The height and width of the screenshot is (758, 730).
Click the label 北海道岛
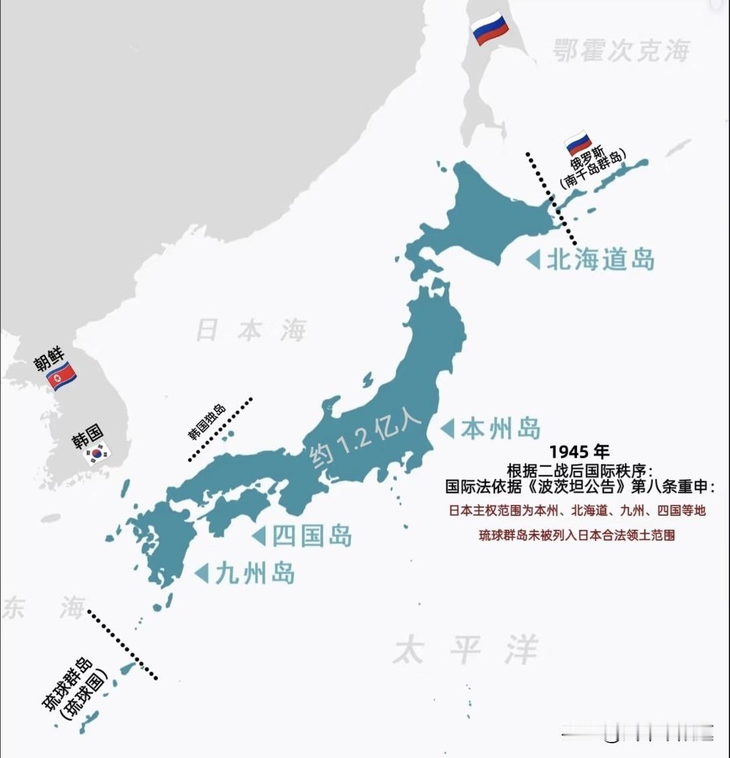pyautogui.click(x=601, y=260)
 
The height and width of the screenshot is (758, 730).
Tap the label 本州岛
pyautogui.click(x=500, y=428)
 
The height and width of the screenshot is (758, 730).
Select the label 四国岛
pyautogui.click(x=311, y=535)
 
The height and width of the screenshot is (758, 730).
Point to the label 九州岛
pyautogui.click(x=254, y=574)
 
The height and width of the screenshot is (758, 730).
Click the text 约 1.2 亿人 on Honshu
pyautogui.click(x=365, y=440)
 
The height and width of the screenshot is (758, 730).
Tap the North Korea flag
pyautogui.click(x=61, y=378)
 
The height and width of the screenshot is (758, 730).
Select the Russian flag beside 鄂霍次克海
pyautogui.click(x=490, y=28)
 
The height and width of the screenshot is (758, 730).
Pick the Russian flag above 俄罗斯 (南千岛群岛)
pyautogui.click(x=578, y=143)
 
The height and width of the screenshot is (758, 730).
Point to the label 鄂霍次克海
pyautogui.click(x=621, y=50)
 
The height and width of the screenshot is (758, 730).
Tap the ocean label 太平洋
pyautogui.click(x=466, y=650)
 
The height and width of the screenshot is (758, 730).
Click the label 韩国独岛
pyautogui.click(x=207, y=422)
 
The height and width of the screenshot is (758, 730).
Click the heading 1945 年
pyautogui.click(x=578, y=452)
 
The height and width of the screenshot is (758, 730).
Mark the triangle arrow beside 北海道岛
pyautogui.click(x=533, y=260)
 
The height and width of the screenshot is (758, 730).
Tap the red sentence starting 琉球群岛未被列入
pyautogui.click(x=576, y=535)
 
